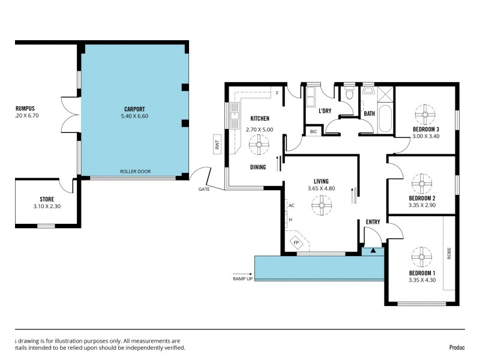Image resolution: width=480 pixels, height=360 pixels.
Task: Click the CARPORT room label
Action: [x=135, y=109]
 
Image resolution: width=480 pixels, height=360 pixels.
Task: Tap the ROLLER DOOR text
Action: [x=135, y=171]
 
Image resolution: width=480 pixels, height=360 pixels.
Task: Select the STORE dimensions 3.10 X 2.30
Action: [x=47, y=207]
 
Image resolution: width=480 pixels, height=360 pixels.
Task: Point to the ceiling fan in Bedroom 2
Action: [x=422, y=182]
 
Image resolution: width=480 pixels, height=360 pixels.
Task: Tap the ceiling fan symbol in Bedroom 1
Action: [x=422, y=257]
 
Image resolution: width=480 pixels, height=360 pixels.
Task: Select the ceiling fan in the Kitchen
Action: [x=260, y=145]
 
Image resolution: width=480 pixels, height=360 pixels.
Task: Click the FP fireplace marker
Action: [x=296, y=242]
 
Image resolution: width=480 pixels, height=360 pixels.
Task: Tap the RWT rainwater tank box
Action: [x=217, y=144]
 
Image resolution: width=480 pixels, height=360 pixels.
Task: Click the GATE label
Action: [x=204, y=189]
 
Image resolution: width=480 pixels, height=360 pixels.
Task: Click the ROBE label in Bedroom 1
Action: [x=448, y=254]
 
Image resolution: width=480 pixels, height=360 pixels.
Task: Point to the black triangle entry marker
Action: [x=373, y=251]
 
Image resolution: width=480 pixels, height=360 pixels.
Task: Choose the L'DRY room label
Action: [x=325, y=111]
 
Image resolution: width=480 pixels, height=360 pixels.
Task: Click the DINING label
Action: [x=259, y=167]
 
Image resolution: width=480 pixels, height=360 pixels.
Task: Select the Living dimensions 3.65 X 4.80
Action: [x=321, y=188]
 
